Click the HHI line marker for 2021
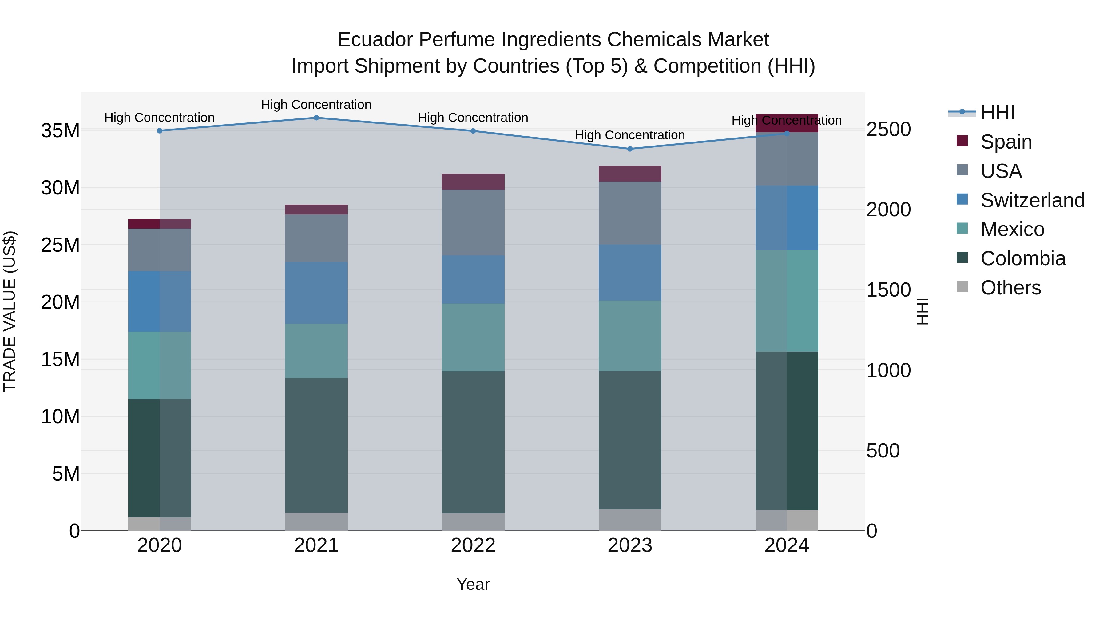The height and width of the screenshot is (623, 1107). click(x=316, y=118)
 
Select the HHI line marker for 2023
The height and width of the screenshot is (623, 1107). click(x=630, y=149)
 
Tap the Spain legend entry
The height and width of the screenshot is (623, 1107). click(x=1006, y=142)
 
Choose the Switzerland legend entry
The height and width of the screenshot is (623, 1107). click(x=1032, y=200)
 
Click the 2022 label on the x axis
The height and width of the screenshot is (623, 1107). click(x=473, y=545)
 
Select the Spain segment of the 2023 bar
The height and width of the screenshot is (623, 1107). click(x=630, y=174)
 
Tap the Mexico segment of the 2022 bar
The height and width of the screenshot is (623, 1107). click(x=473, y=337)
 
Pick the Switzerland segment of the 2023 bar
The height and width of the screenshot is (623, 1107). click(x=630, y=273)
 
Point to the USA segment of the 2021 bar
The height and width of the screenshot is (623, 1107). click(x=316, y=238)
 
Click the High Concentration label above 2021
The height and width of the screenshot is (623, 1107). click(x=316, y=105)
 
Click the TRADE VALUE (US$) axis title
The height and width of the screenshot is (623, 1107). click(x=10, y=311)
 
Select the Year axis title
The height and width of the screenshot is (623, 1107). click(x=473, y=584)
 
